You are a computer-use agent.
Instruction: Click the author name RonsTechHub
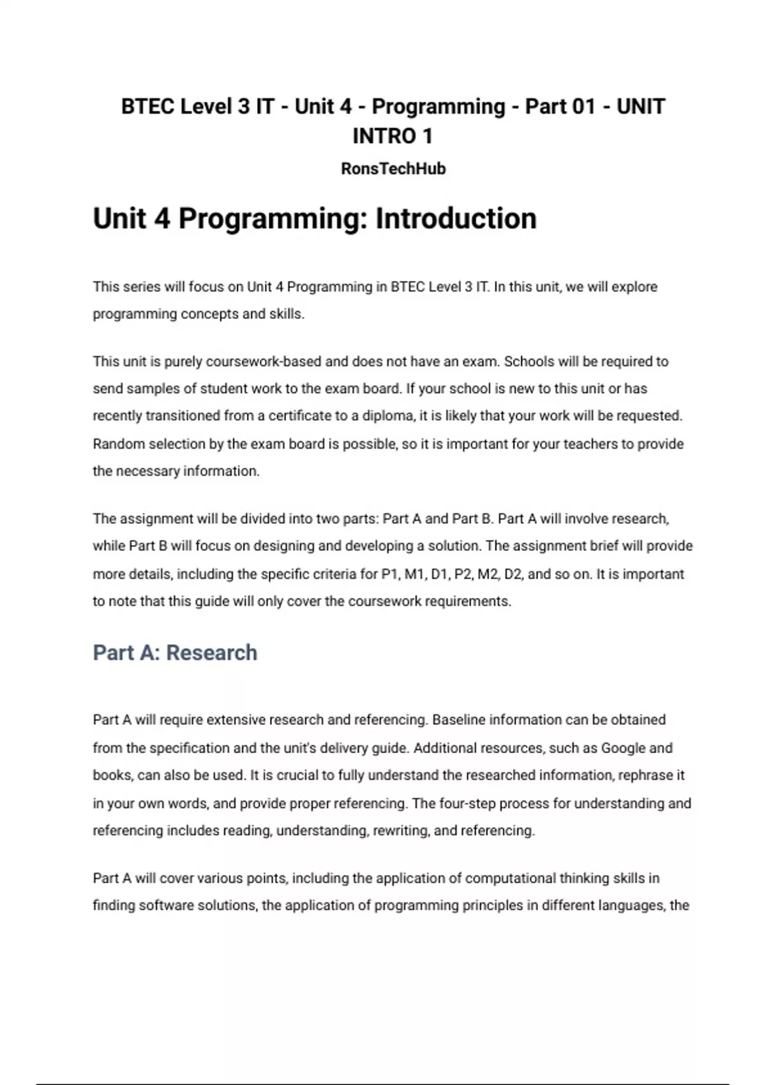393,169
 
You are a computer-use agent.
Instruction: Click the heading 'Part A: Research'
175,653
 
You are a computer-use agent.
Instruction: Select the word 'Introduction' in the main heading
456,219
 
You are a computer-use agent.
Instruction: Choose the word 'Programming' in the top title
439,107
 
